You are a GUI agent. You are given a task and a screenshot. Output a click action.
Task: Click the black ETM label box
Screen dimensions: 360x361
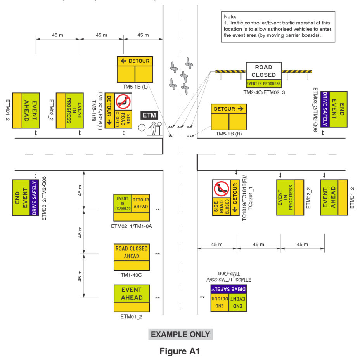point(149,115)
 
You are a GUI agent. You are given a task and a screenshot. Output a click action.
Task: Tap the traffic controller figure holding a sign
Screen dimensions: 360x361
point(154,128)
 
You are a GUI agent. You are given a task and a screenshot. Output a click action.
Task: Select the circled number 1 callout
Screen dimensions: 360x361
point(142,128)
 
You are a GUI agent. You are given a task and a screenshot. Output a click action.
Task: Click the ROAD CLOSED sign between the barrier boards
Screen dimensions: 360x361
point(264,71)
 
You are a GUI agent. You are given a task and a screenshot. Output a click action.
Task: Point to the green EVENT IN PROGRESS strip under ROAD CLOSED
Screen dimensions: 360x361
point(264,83)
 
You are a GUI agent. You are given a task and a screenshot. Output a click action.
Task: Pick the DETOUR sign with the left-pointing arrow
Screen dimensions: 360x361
point(135,69)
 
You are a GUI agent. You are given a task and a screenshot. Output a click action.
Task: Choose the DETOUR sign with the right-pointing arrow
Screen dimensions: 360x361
point(229,117)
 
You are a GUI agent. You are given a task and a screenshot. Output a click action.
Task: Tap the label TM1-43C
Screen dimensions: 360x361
point(131,275)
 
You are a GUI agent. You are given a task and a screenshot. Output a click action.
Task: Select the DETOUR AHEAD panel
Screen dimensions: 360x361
point(140,203)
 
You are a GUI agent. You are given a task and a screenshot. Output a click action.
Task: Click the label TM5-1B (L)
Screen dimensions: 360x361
point(135,87)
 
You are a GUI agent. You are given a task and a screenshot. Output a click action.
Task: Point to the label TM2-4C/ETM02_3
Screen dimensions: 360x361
point(264,92)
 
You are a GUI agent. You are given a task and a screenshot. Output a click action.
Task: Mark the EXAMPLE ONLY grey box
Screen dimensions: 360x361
point(180,334)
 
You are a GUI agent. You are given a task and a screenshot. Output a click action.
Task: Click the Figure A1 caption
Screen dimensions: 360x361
point(180,351)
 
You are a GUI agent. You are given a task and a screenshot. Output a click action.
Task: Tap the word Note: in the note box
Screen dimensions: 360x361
point(230,17)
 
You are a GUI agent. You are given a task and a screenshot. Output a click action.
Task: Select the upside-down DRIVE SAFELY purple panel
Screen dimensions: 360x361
point(228,289)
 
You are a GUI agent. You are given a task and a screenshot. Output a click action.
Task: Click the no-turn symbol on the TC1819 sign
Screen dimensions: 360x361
point(221,189)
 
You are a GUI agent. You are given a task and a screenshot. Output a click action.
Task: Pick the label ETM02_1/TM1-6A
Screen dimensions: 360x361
point(132,226)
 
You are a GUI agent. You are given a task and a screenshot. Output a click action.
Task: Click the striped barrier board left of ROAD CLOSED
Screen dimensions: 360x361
point(230,71)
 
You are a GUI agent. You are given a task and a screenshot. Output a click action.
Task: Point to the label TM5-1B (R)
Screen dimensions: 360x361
point(228,134)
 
